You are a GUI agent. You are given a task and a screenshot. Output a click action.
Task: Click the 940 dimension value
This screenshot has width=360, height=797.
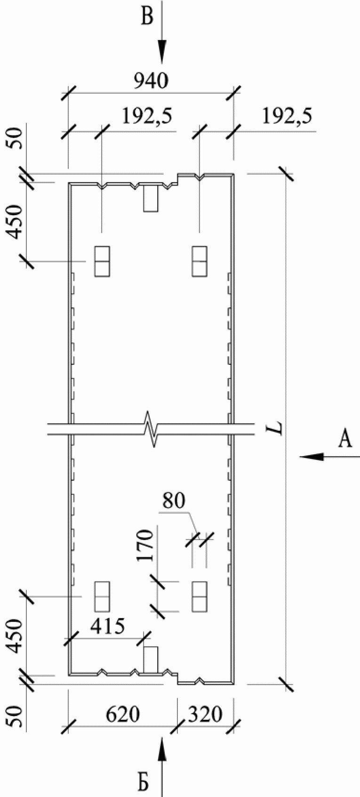pyautogui.click(x=151, y=82)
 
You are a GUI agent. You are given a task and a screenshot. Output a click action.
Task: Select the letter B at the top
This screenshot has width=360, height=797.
pyautogui.click(x=147, y=19)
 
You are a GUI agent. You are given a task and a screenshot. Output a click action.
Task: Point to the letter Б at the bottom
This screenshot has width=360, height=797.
pyautogui.click(x=144, y=782)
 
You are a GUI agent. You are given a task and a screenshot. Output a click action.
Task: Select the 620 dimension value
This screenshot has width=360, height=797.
pyautogui.click(x=122, y=715)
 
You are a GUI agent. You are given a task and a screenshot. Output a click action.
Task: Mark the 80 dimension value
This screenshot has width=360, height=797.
pyautogui.click(x=173, y=500)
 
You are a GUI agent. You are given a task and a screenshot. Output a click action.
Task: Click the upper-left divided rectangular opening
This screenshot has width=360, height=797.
pyautogui.click(x=102, y=261)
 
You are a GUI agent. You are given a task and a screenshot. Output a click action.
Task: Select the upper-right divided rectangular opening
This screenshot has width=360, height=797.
pyautogui.click(x=200, y=261)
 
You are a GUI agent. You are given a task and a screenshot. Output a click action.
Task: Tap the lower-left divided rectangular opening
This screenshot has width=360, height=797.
pyautogui.click(x=102, y=596)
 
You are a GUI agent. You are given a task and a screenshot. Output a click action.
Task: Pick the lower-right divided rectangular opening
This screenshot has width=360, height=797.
pyautogui.click(x=200, y=596)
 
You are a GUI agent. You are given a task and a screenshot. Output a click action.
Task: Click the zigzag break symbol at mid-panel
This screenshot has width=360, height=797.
pyautogui.click(x=152, y=429)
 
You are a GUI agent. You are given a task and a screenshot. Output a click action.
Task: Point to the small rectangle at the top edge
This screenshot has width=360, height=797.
pyautogui.click(x=151, y=198)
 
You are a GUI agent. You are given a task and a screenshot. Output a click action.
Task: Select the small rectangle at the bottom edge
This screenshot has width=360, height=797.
pyautogui.click(x=151, y=660)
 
